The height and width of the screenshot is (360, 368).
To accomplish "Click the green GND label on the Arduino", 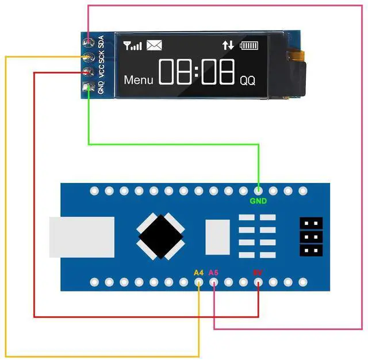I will point(258,201).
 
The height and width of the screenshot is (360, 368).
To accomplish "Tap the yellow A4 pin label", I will point(199,272).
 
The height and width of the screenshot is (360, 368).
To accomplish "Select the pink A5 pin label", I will point(214,272).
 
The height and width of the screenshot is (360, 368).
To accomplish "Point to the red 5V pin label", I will point(258,272).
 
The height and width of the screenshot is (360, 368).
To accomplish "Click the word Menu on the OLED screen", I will point(139,81).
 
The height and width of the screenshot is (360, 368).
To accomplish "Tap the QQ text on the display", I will point(247,81).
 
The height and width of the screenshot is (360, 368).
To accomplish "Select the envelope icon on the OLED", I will point(154,45).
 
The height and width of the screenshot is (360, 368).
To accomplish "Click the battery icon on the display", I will point(250,45).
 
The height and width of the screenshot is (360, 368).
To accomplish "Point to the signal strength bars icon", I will point(133,45).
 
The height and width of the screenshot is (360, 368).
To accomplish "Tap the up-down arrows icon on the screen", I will point(228,45).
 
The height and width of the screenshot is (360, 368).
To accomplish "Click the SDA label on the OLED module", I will point(102,43).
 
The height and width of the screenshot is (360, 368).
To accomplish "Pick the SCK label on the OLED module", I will point(102,58).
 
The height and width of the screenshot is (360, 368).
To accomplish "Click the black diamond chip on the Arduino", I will point(160,236).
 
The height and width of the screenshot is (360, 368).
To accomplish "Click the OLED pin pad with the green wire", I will point(88,88).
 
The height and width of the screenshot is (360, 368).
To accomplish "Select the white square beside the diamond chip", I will point(217,236).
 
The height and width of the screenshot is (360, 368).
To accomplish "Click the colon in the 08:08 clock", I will point(197,73).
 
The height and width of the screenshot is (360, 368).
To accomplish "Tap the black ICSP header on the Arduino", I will point(310,236).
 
